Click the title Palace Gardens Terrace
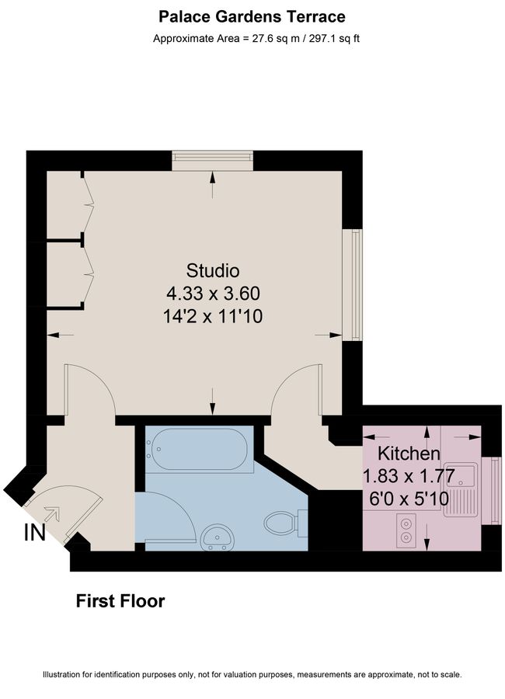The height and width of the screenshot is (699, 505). (x=252, y=16)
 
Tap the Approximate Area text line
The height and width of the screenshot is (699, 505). (x=252, y=38)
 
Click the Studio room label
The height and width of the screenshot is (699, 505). (x=213, y=271)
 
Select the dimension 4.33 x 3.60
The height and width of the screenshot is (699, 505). (x=213, y=294)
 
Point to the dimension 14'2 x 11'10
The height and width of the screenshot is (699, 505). (x=213, y=315)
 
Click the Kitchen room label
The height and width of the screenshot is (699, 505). (x=409, y=454)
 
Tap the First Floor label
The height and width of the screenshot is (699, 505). (x=120, y=601)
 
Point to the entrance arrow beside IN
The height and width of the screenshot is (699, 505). (x=53, y=513)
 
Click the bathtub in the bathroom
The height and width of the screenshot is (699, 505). (x=200, y=448)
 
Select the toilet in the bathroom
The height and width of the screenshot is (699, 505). (x=281, y=522)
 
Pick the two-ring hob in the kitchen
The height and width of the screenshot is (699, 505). (x=406, y=528)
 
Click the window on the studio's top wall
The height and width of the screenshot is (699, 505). (x=213, y=160)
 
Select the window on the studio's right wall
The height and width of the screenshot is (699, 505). (x=355, y=284)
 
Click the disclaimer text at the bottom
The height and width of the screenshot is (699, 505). (x=252, y=675)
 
